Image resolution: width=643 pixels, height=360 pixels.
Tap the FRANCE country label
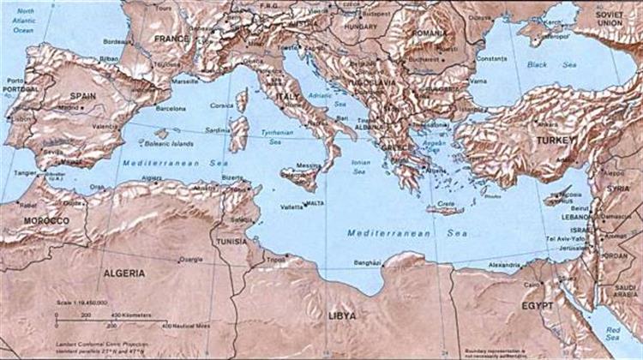click(x=171, y=39)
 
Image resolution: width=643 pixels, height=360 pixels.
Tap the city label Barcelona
click(x=171, y=109)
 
